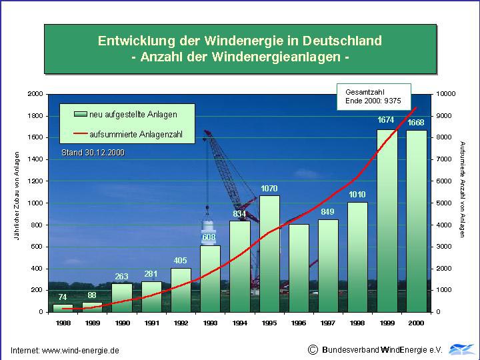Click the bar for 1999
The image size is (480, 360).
tap(386, 220)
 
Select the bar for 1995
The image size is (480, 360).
tap(269, 253)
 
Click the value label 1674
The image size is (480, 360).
tap(386, 120)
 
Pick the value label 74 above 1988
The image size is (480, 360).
tap(63, 297)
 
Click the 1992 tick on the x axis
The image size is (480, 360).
tap(180, 322)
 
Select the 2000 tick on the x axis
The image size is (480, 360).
tap(415, 322)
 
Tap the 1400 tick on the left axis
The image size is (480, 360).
tap(35, 159)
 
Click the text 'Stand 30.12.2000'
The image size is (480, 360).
tap(93, 153)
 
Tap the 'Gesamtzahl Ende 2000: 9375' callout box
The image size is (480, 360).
tap(373, 96)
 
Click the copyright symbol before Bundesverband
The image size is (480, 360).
tap(313, 349)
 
